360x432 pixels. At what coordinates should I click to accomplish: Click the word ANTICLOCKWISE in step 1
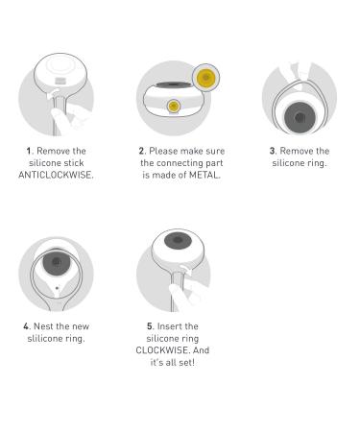pyautogui.click(x=56, y=175)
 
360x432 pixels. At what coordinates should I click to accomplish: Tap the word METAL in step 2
pyautogui.click(x=204, y=175)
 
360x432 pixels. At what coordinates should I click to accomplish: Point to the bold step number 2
pyautogui.click(x=142, y=151)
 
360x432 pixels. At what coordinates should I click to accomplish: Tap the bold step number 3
pyautogui.click(x=273, y=151)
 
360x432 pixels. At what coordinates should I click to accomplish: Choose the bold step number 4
pyautogui.click(x=27, y=326)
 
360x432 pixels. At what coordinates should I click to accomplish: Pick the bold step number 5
pyautogui.click(x=150, y=326)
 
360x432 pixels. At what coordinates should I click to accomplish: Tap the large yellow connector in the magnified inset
pyautogui.click(x=205, y=78)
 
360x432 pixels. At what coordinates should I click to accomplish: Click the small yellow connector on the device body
pyautogui.click(x=174, y=106)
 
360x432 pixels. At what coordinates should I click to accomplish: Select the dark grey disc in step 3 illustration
pyautogui.click(x=300, y=117)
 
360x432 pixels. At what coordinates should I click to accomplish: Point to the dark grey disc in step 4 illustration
pyautogui.click(x=57, y=262)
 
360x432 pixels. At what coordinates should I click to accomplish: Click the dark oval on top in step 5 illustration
pyautogui.click(x=178, y=240)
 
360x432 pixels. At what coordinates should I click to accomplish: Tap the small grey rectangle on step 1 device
pyautogui.click(x=60, y=81)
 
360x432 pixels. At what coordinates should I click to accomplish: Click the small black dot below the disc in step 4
pyautogui.click(x=57, y=288)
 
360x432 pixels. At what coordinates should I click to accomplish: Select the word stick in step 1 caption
pyautogui.click(x=74, y=163)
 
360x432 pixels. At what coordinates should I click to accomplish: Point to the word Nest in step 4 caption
pyautogui.click(x=43, y=326)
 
